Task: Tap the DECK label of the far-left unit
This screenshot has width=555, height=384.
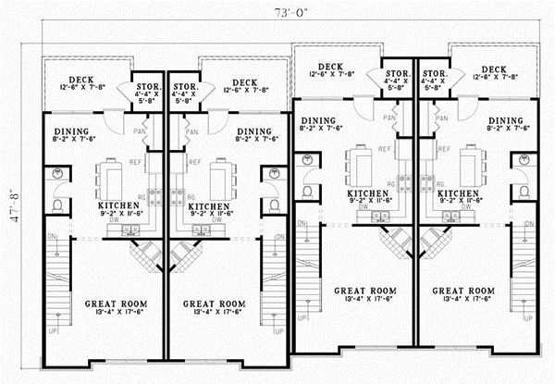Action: click(x=80, y=81)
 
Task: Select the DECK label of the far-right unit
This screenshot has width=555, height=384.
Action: click(x=493, y=68)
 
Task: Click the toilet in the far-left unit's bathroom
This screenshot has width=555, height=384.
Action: click(x=56, y=205)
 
